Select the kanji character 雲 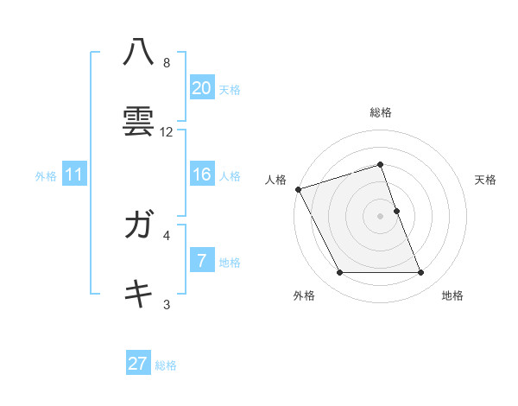138,121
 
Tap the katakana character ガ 138,225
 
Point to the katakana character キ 138,295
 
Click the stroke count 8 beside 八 167,63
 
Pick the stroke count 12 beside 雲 167,132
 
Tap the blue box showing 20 201,87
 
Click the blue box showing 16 201,174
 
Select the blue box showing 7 201,261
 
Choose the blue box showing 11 73,174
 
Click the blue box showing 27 137,364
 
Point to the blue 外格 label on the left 46,176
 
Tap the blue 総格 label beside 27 166,365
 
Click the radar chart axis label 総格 380,112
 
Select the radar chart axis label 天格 486,180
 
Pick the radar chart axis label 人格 275,180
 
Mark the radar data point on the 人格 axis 298,189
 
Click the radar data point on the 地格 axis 421,273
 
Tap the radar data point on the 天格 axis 396,211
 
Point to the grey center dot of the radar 380,216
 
